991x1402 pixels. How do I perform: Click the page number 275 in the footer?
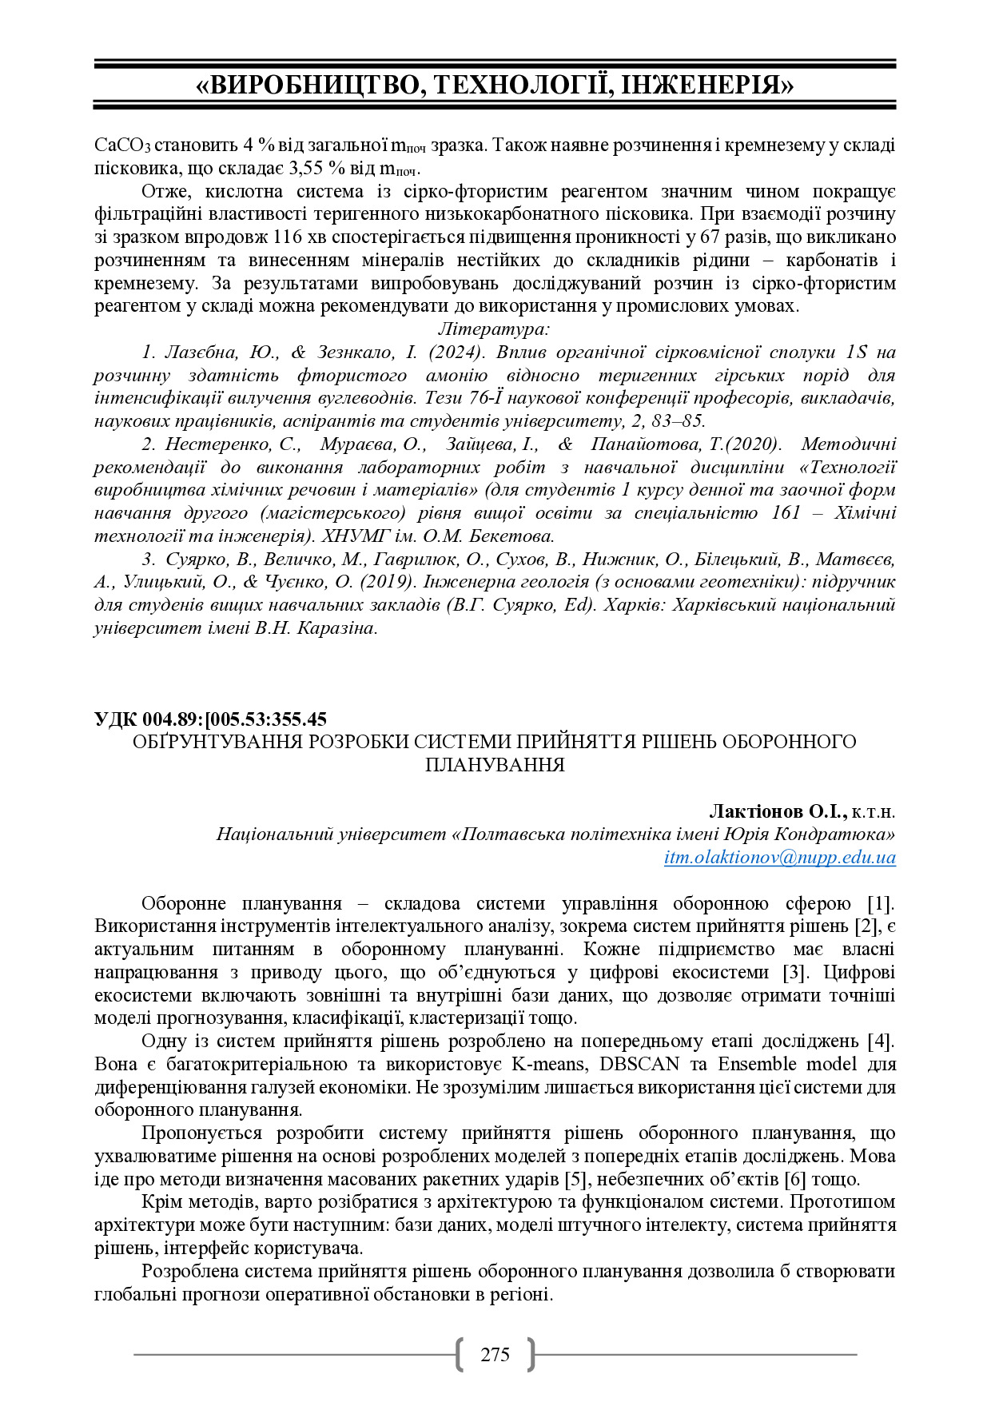pos(495,1354)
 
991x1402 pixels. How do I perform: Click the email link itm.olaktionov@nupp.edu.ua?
pos(779,858)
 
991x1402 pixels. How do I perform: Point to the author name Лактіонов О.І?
pos(777,811)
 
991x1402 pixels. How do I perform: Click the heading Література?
pos(494,329)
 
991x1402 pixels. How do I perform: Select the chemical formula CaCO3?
pos(121,145)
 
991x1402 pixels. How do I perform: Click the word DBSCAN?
pos(639,1064)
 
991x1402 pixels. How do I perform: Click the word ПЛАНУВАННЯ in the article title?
pos(495,765)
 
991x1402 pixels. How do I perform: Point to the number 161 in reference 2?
pos(786,512)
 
